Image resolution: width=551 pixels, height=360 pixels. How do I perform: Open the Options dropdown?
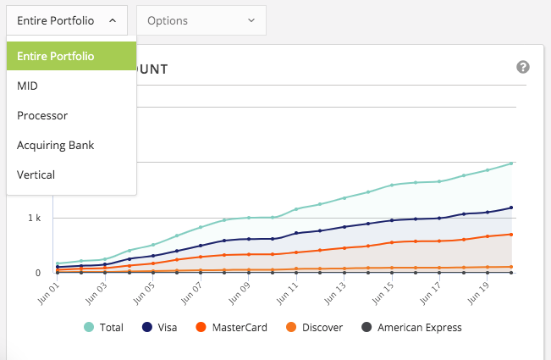(x=201, y=20)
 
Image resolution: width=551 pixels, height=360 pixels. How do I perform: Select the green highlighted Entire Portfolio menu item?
(x=71, y=56)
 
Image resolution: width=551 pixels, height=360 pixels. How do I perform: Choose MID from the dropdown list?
(x=28, y=86)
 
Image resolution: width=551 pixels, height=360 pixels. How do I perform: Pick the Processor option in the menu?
(x=42, y=115)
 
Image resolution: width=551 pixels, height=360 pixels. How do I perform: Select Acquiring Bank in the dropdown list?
(x=55, y=145)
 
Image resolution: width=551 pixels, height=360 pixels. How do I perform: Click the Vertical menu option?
(x=36, y=174)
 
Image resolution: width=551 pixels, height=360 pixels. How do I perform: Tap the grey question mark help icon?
(x=523, y=68)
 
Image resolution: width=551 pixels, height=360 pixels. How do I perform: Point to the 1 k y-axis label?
(x=34, y=219)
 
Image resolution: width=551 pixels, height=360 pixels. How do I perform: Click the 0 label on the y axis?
(x=37, y=273)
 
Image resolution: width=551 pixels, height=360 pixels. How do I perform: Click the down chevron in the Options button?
(x=251, y=20)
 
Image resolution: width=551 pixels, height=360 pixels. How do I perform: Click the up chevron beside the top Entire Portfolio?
(x=113, y=20)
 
